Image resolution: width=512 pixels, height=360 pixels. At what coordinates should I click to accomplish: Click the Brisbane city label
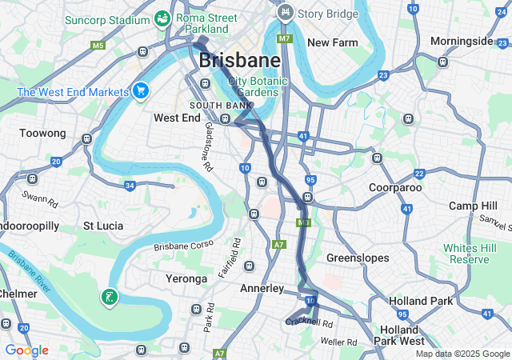pyautogui.click(x=239, y=60)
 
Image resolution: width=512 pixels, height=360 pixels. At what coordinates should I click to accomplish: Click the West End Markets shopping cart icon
pyautogui.click(x=141, y=90)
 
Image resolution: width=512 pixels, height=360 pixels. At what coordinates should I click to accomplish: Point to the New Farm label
pyautogui.click(x=331, y=42)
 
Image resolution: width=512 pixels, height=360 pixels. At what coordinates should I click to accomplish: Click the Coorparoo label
pyautogui.click(x=395, y=187)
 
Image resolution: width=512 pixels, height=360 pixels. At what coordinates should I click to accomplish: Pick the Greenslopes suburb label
pyautogui.click(x=358, y=258)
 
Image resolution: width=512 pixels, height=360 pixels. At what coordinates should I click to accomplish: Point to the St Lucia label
pyautogui.click(x=103, y=226)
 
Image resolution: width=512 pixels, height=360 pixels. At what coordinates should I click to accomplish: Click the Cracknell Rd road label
pyautogui.click(x=309, y=321)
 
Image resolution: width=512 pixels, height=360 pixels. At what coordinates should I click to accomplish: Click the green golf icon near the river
pyautogui.click(x=110, y=298)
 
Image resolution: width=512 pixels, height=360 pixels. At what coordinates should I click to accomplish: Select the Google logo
pyautogui.click(x=26, y=350)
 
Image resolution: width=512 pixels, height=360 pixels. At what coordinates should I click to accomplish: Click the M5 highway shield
pyautogui.click(x=98, y=46)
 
